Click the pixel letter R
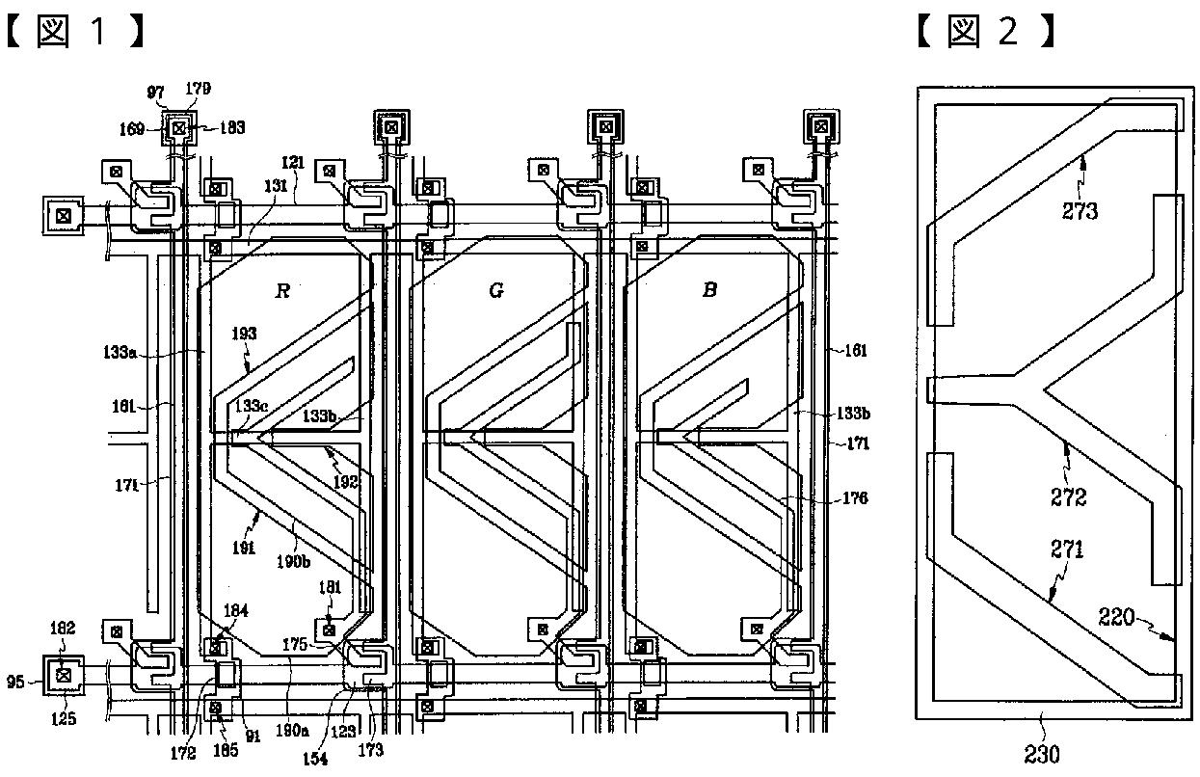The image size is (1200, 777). click(x=282, y=290)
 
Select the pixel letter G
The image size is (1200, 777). click(x=496, y=290)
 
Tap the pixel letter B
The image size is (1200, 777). click(x=709, y=290)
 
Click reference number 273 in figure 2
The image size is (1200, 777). click(x=1080, y=210)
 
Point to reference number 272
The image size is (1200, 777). click(x=1069, y=496)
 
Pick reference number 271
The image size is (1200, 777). click(x=1067, y=549)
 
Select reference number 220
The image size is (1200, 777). click(x=1118, y=616)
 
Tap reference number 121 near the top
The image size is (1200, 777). click(x=293, y=163)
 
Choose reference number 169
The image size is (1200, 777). click(x=132, y=126)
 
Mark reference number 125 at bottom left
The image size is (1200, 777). click(x=64, y=717)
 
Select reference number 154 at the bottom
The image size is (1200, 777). click(x=315, y=759)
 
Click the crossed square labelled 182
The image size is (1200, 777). click(x=65, y=674)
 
